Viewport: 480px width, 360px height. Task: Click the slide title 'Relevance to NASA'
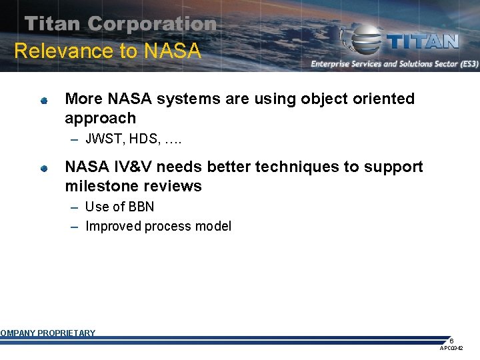(x=107, y=51)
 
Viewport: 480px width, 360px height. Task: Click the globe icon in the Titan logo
(x=363, y=41)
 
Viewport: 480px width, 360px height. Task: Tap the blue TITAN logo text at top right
(x=423, y=41)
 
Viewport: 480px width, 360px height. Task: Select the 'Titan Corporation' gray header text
(x=121, y=24)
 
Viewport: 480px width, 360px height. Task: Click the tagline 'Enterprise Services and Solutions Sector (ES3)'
(x=394, y=64)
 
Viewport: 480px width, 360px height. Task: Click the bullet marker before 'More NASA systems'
(x=43, y=101)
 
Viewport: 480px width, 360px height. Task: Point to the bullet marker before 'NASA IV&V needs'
(x=43, y=169)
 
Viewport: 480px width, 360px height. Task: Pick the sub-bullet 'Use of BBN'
(x=119, y=207)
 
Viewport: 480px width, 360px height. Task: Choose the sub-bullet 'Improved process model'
(x=158, y=226)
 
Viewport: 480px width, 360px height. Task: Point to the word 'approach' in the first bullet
(x=100, y=118)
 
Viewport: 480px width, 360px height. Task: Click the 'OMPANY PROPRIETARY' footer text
(x=48, y=333)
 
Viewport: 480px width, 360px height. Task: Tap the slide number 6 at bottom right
(x=451, y=341)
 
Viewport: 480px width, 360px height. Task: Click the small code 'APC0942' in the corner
(x=451, y=349)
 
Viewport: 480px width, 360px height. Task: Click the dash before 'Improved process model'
(x=75, y=227)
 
